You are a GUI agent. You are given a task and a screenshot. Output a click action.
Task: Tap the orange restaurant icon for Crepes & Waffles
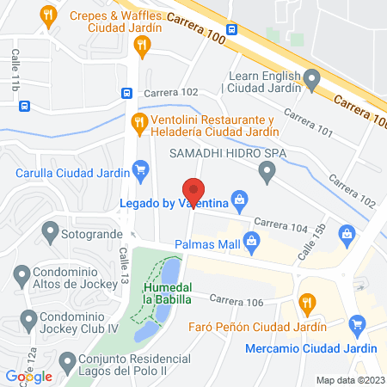click(49, 15)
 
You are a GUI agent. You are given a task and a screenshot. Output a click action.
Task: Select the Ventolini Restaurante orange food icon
click(138, 124)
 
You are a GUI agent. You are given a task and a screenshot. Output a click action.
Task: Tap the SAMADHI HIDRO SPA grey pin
click(267, 173)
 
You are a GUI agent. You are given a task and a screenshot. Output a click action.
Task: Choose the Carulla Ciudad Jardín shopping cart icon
click(140, 170)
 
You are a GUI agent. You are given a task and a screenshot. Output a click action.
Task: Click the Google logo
click(28, 376)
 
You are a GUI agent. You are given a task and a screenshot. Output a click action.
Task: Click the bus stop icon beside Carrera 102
click(126, 93)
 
